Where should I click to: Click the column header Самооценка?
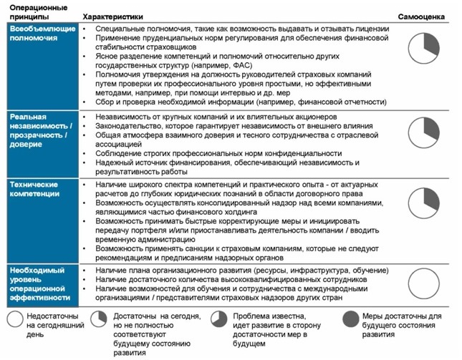click(420, 15)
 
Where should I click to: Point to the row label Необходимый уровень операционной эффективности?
click(39, 283)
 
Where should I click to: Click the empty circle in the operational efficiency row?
click(422, 283)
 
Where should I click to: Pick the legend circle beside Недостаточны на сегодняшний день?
click(14, 320)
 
